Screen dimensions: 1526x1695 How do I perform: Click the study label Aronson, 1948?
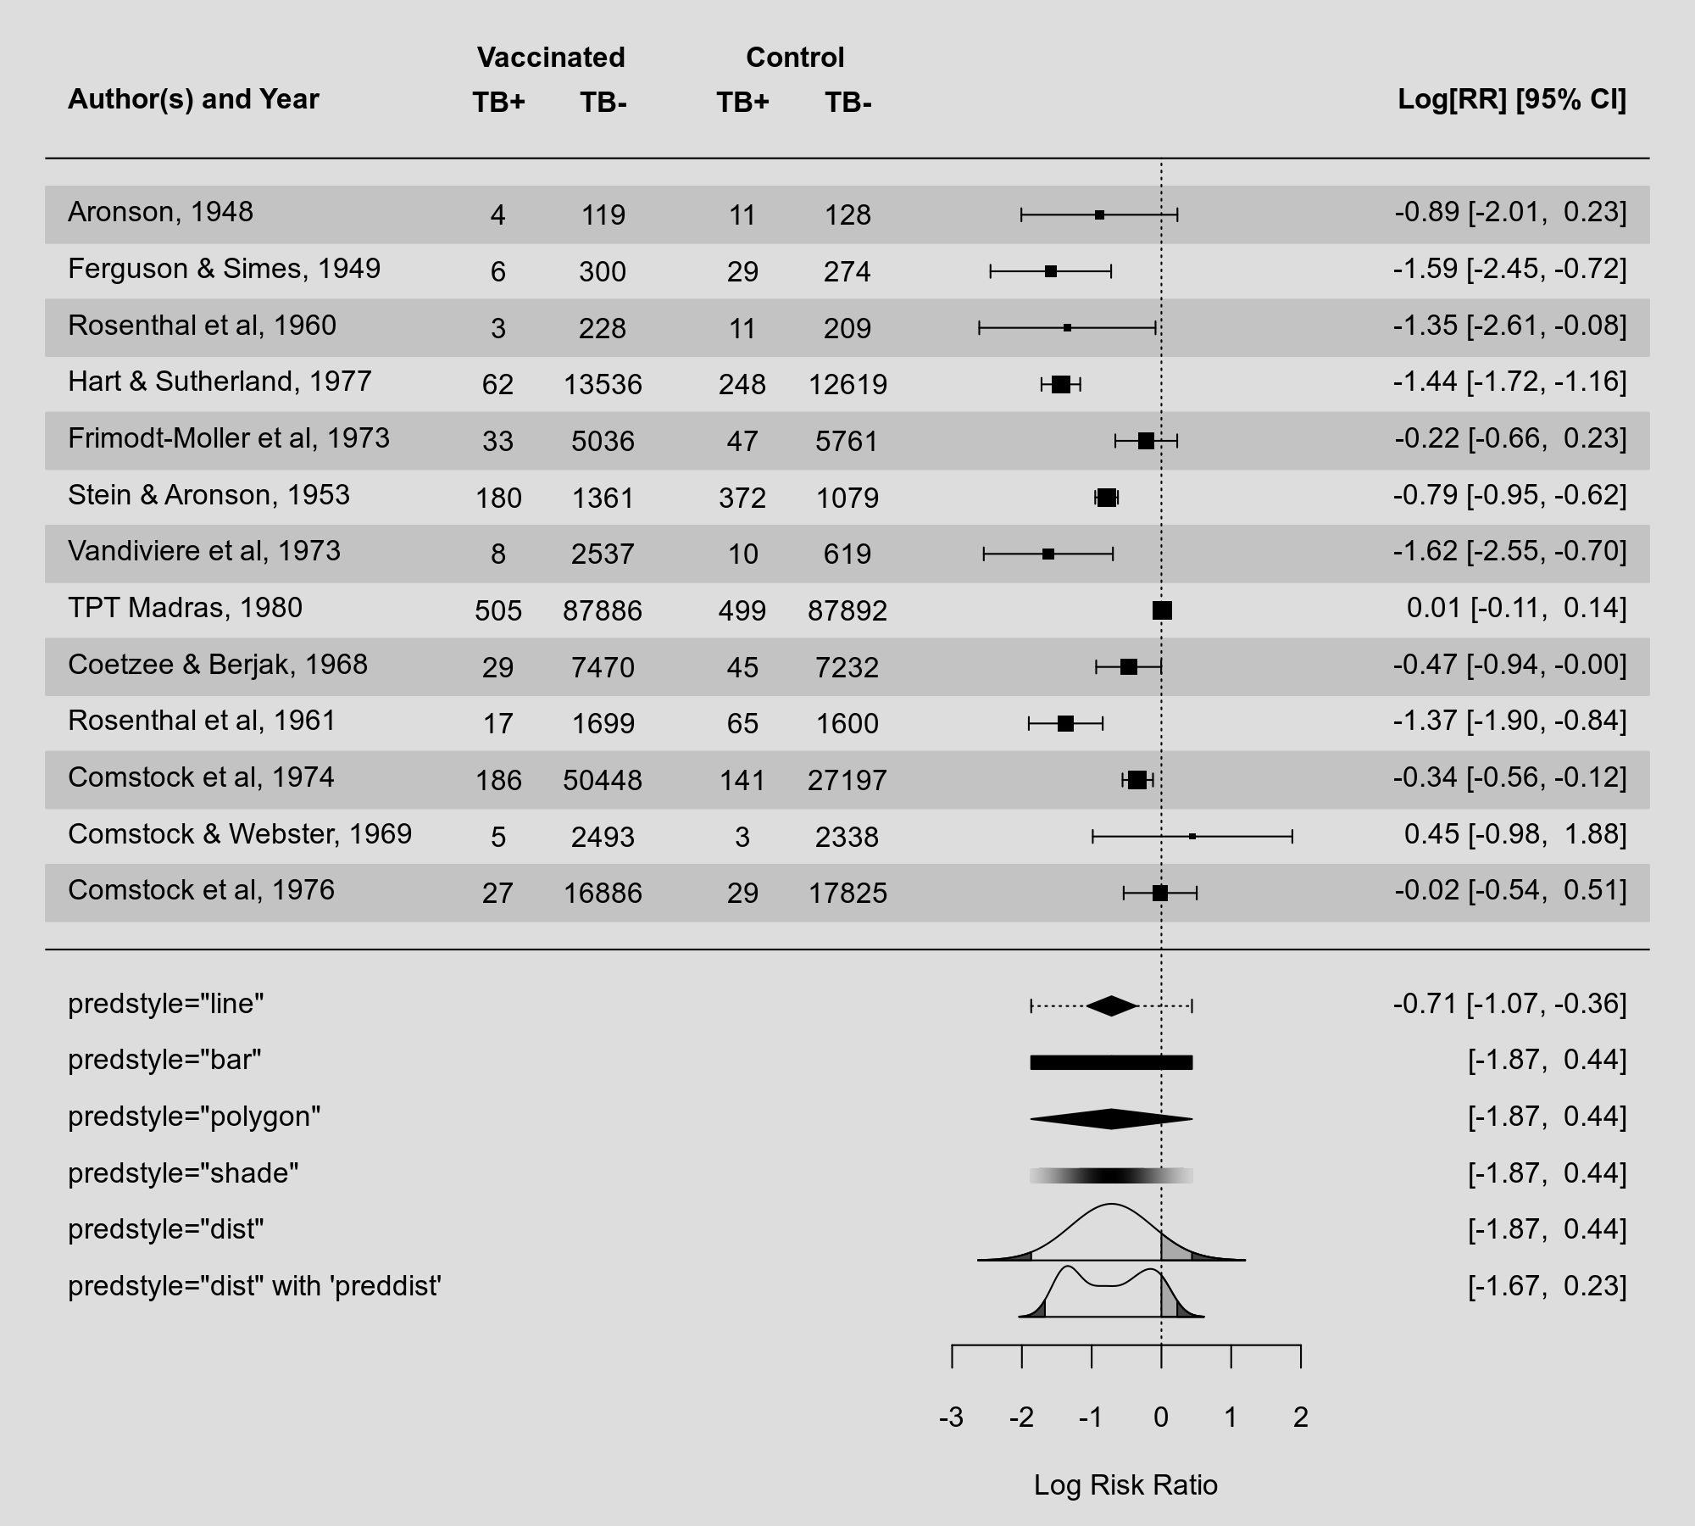pos(160,212)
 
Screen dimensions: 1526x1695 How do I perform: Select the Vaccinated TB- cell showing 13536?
pos(603,385)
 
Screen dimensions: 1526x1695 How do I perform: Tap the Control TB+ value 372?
pos(742,498)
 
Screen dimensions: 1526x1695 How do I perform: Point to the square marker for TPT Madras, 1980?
pos(1162,610)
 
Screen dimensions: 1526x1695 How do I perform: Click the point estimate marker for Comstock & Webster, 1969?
pos(1192,837)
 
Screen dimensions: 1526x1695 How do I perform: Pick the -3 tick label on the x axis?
pos(951,1417)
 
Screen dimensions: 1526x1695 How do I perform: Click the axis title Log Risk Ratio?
pos(1125,1485)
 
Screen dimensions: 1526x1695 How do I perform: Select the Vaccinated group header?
pos(551,58)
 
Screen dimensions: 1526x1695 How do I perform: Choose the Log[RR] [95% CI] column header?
pos(1511,99)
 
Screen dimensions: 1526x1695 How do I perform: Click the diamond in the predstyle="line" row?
pos(1111,1006)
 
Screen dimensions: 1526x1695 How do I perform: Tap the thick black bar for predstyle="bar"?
pos(1111,1062)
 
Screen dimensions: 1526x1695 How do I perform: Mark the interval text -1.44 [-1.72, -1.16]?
pos(1509,381)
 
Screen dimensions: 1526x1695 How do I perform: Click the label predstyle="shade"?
pos(183,1173)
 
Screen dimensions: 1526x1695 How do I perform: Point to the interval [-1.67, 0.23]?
pos(1547,1286)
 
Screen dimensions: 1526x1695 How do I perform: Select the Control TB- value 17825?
pos(847,894)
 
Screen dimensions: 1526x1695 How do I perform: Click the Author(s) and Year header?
pos(193,99)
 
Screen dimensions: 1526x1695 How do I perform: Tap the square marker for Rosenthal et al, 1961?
pos(1065,723)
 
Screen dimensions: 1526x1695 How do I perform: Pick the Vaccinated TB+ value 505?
pos(498,610)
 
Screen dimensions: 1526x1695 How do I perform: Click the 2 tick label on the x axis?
pos(1301,1417)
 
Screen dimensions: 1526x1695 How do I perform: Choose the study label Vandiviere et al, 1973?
pos(204,551)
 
